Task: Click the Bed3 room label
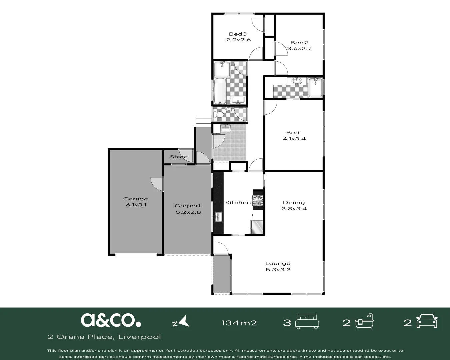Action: coord(238,34)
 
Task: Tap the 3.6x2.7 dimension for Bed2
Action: coord(299,49)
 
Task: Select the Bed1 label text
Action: coord(294,133)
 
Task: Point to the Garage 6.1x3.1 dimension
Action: coord(136,205)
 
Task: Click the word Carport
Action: coord(188,206)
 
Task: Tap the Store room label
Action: coord(179,157)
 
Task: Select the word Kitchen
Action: coord(238,202)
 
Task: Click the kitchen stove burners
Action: coord(258,200)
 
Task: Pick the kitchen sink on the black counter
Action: coord(218,217)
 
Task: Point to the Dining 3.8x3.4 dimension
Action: coord(294,209)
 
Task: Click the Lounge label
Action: coord(278,263)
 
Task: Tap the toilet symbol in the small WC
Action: coord(218,114)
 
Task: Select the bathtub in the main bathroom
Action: coord(220,91)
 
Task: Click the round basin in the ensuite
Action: coord(297,81)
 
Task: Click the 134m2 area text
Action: coord(239,323)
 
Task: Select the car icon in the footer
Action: coord(427,321)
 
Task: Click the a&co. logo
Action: coord(111,320)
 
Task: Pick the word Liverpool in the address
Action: coord(139,337)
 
